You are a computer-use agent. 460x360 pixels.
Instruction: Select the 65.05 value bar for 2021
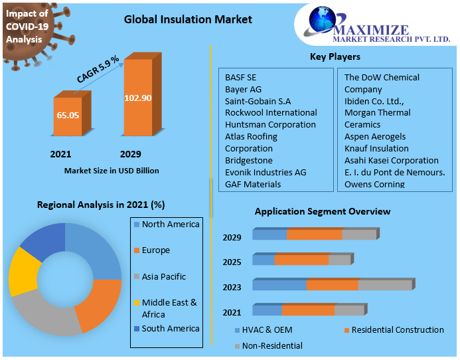pyautogui.click(x=68, y=116)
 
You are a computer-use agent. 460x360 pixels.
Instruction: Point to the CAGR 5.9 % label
pyautogui.click(x=98, y=70)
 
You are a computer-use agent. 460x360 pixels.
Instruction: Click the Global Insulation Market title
pyautogui.click(x=188, y=19)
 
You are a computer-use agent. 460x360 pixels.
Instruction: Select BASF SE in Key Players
pyautogui.click(x=240, y=77)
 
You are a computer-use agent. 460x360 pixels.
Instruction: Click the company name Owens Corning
pyautogui.click(x=374, y=184)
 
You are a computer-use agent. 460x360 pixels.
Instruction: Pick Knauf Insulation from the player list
pyautogui.click(x=376, y=148)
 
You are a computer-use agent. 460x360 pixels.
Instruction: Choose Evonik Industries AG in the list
pyautogui.click(x=266, y=172)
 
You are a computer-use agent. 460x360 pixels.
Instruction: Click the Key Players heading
pyautogui.click(x=335, y=56)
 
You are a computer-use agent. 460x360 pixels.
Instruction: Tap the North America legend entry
pyautogui.click(x=170, y=225)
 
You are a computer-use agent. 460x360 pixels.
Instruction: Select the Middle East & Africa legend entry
pyautogui.click(x=169, y=308)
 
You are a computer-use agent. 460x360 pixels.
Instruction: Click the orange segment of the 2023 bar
pyautogui.click(x=332, y=285)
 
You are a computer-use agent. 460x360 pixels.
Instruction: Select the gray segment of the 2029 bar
pyautogui.click(x=358, y=234)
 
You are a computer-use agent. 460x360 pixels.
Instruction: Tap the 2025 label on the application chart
pyautogui.click(x=232, y=262)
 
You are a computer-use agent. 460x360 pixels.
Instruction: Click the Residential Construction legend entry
pyautogui.click(x=397, y=330)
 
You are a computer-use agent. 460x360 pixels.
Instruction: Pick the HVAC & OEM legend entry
pyautogui.click(x=268, y=330)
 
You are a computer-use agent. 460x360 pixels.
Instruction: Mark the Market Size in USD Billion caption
pyautogui.click(x=112, y=171)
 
